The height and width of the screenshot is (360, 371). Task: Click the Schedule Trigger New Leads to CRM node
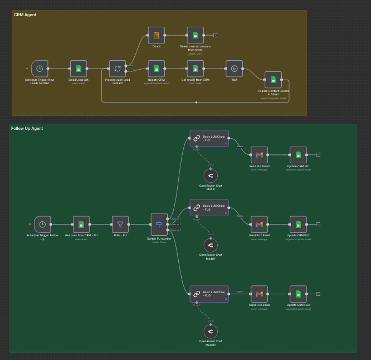40,69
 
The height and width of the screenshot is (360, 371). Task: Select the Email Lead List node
79,69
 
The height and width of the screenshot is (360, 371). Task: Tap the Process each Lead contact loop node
117,69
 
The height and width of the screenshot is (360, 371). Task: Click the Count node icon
156,35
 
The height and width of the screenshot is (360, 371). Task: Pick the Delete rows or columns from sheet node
195,35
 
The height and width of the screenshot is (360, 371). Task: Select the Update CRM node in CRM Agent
156,69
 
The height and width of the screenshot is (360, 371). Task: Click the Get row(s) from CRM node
195,69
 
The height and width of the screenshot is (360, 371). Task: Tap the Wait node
234,69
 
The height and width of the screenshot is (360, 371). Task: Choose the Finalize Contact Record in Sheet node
273,80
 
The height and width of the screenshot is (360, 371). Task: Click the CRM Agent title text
25,14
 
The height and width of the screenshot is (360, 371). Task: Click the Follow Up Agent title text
27,128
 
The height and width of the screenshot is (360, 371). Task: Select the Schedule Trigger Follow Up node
42,225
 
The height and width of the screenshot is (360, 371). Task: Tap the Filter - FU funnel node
120,225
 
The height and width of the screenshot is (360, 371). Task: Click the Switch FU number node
159,224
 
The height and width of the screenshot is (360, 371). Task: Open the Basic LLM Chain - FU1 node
209,138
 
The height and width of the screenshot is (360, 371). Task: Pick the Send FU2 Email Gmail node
259,224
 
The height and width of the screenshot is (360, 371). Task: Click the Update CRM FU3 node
298,294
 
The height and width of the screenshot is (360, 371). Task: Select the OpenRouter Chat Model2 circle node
211,331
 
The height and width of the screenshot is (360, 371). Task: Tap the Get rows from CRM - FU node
81,225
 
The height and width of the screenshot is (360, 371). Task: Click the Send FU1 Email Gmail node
259,155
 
